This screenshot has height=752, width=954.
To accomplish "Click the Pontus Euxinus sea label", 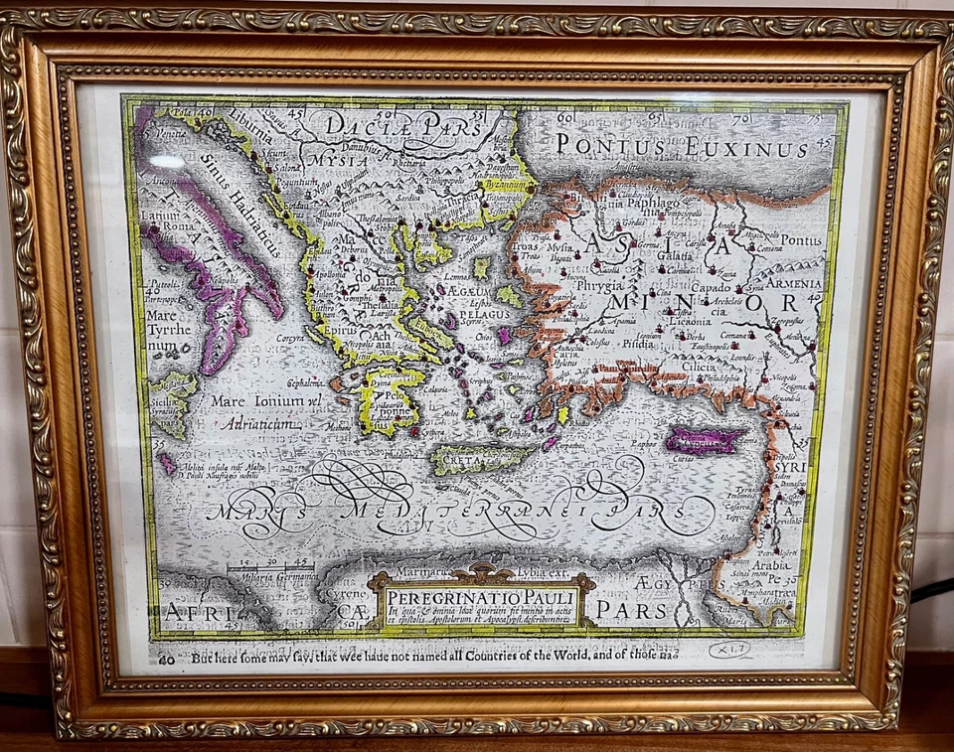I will pyautogui.click(x=682, y=147).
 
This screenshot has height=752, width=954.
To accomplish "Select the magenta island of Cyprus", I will pyautogui.click(x=704, y=440).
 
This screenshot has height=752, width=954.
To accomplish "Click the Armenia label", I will pyautogui.click(x=793, y=283).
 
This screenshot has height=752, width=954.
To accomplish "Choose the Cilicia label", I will pyautogui.click(x=677, y=367).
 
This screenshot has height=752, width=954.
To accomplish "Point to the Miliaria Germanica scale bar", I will pyautogui.click(x=269, y=571).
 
